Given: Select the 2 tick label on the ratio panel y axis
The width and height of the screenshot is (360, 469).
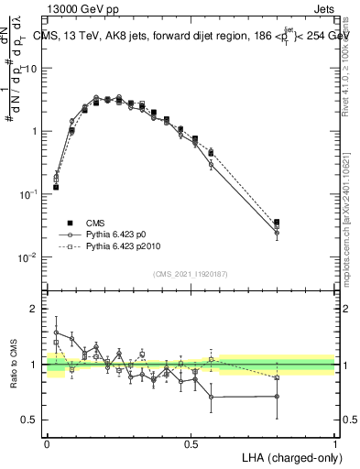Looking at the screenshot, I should point(34,309).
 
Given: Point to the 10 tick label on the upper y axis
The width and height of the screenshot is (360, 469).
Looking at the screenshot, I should point(31,69).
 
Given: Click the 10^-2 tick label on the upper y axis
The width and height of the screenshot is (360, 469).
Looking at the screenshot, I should point(28,257).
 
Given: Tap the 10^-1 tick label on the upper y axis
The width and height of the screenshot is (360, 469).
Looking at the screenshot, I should point(28,194).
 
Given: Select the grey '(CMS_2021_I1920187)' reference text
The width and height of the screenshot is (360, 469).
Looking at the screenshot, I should point(191,273).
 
